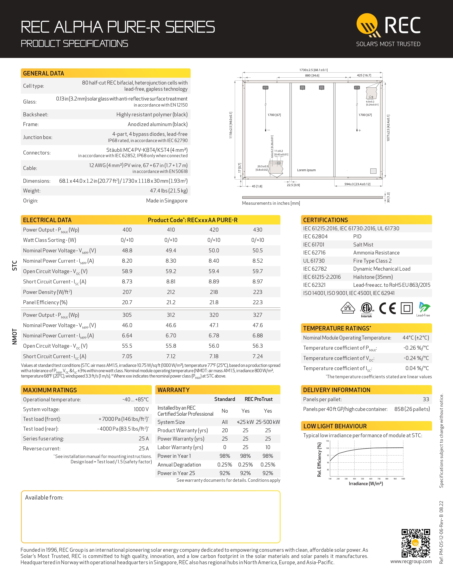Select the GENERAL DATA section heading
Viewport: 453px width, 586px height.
[44, 73]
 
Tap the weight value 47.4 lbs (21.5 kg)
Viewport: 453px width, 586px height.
[169, 191]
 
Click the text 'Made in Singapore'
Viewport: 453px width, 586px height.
[167, 201]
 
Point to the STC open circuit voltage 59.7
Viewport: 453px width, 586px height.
[257, 271]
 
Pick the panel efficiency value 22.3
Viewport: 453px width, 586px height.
[257, 302]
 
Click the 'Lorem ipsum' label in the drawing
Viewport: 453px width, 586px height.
[306, 170]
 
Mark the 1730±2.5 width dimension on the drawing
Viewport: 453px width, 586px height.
[313, 70]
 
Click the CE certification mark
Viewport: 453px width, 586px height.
[387, 308]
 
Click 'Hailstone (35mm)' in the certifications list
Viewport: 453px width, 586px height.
[373, 277]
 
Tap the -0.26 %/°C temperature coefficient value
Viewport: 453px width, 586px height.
[416, 348]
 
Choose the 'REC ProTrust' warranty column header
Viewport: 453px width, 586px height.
[258, 399]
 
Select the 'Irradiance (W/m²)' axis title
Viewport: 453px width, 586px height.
[366, 484]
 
